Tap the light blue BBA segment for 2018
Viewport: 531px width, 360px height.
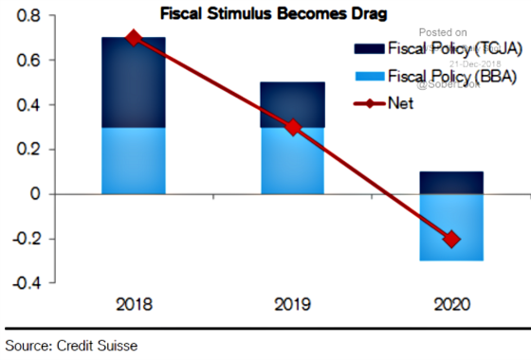[134, 160]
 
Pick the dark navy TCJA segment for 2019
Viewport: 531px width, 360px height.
[293, 104]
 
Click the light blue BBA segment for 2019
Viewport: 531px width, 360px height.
[293, 160]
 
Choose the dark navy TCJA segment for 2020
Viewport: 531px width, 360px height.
[451, 183]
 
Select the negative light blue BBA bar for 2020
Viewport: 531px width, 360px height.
[451, 227]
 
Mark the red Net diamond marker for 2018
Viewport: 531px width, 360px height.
[134, 38]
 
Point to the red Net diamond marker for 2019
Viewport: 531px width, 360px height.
[293, 127]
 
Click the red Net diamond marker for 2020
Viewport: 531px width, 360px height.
[451, 239]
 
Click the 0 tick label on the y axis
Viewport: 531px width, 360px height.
[36, 194]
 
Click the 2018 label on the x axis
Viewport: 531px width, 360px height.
[134, 306]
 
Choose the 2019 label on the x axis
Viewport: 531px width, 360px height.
[293, 306]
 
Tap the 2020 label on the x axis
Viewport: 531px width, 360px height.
[451, 306]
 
